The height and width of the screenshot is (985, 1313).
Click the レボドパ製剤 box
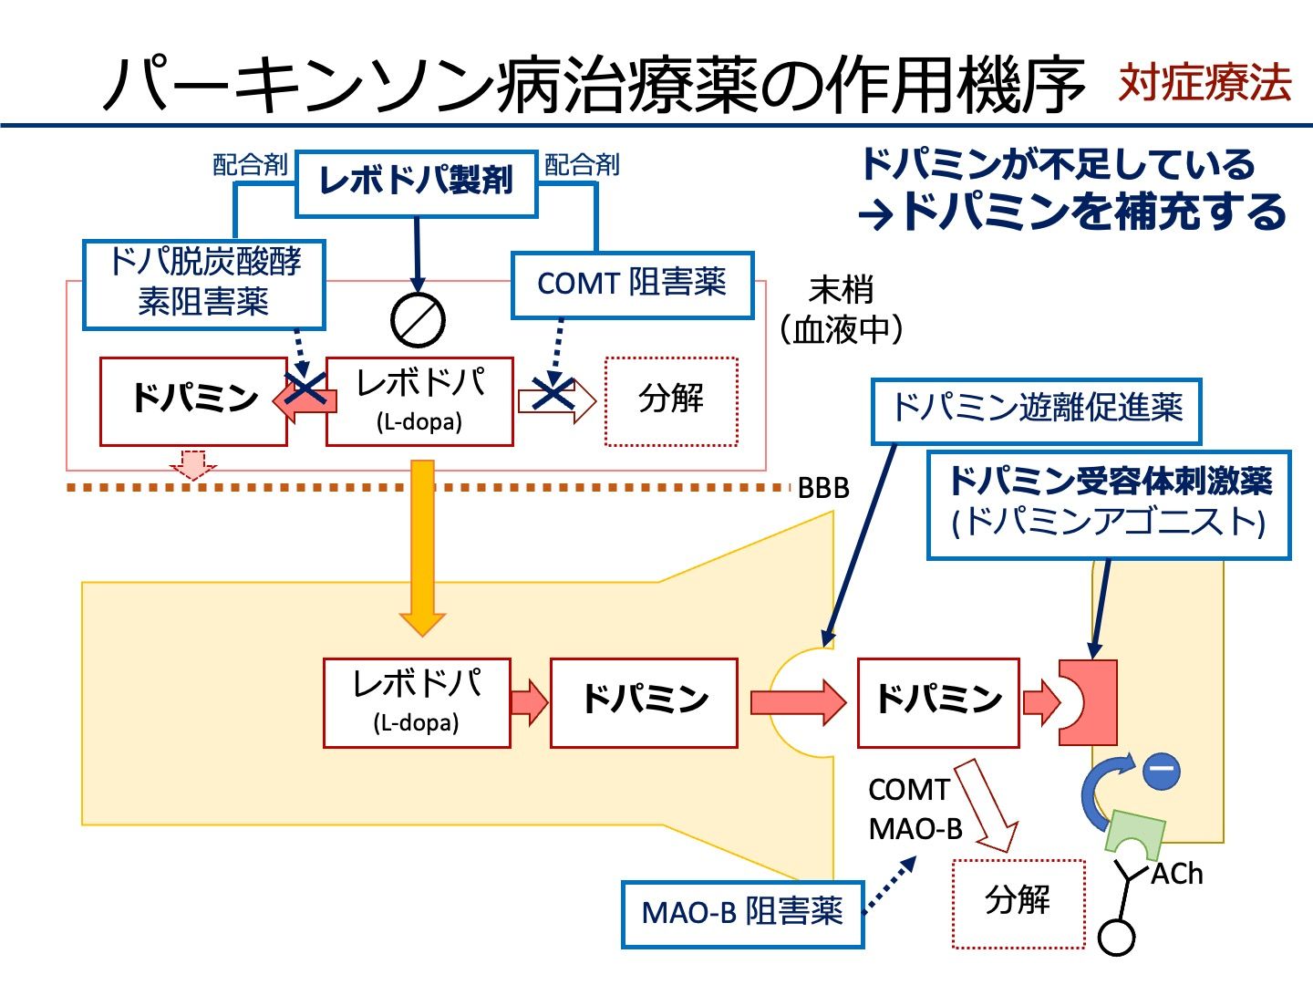(417, 182)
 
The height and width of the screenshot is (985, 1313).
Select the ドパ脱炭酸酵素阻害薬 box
(204, 284)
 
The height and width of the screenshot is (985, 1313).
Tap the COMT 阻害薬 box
(632, 284)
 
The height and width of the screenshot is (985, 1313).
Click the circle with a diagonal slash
(418, 320)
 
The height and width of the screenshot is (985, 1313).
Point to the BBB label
(822, 489)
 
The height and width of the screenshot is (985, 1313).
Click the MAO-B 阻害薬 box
(742, 913)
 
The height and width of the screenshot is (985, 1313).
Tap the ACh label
(1176, 875)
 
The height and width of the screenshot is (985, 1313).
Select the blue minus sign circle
(1162, 771)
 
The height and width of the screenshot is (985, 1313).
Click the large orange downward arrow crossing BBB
(422, 547)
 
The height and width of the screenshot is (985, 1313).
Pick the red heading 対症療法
(1204, 83)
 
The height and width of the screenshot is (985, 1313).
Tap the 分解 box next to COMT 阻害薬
(671, 401)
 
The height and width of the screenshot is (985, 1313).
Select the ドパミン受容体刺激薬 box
(1109, 504)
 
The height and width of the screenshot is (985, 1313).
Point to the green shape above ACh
(1135, 831)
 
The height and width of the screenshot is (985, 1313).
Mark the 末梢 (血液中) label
(841, 310)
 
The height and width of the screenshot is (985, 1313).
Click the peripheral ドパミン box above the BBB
(193, 401)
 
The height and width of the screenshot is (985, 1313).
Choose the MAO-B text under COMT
(915, 829)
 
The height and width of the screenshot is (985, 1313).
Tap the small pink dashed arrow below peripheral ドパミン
(192, 463)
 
